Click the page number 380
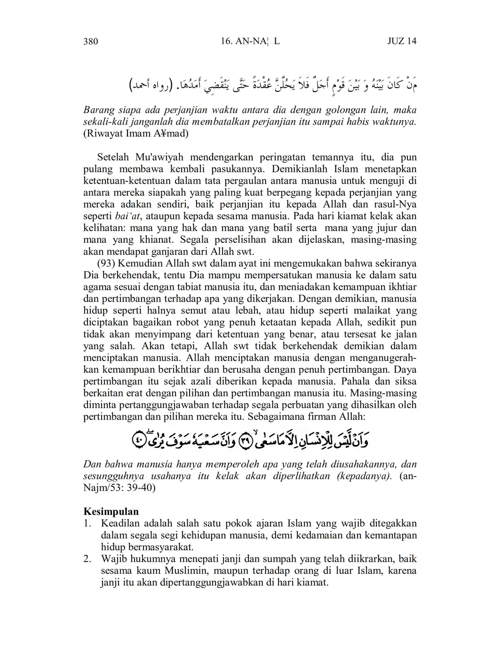click(91, 41)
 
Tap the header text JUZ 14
click(402, 41)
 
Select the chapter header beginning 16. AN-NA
click(250, 41)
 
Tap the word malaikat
click(375, 311)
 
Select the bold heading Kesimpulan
click(111, 511)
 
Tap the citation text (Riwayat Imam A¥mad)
click(136, 134)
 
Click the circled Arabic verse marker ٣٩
click(246, 442)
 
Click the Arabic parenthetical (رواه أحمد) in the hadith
click(149, 87)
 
